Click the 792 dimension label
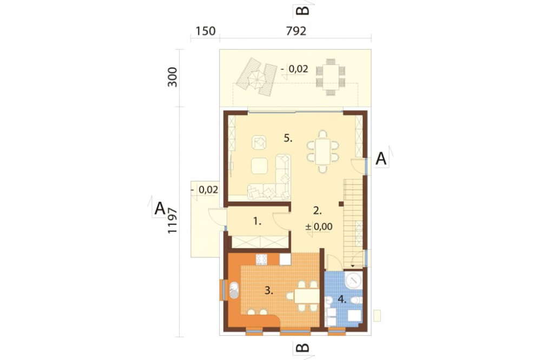pos(296,31)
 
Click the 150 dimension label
pos(206,31)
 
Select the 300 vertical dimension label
pos(172,77)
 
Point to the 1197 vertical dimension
pos(172,221)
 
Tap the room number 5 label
pos(288,138)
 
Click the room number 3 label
pos(269,291)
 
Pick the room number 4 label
pos(342,299)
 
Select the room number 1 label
pos(257,222)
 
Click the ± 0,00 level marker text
pos(319,226)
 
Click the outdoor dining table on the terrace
pos(331,77)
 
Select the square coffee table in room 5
pos(259,166)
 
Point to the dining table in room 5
pos(322,151)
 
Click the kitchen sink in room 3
pos(234,290)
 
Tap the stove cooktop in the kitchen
pos(261,259)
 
